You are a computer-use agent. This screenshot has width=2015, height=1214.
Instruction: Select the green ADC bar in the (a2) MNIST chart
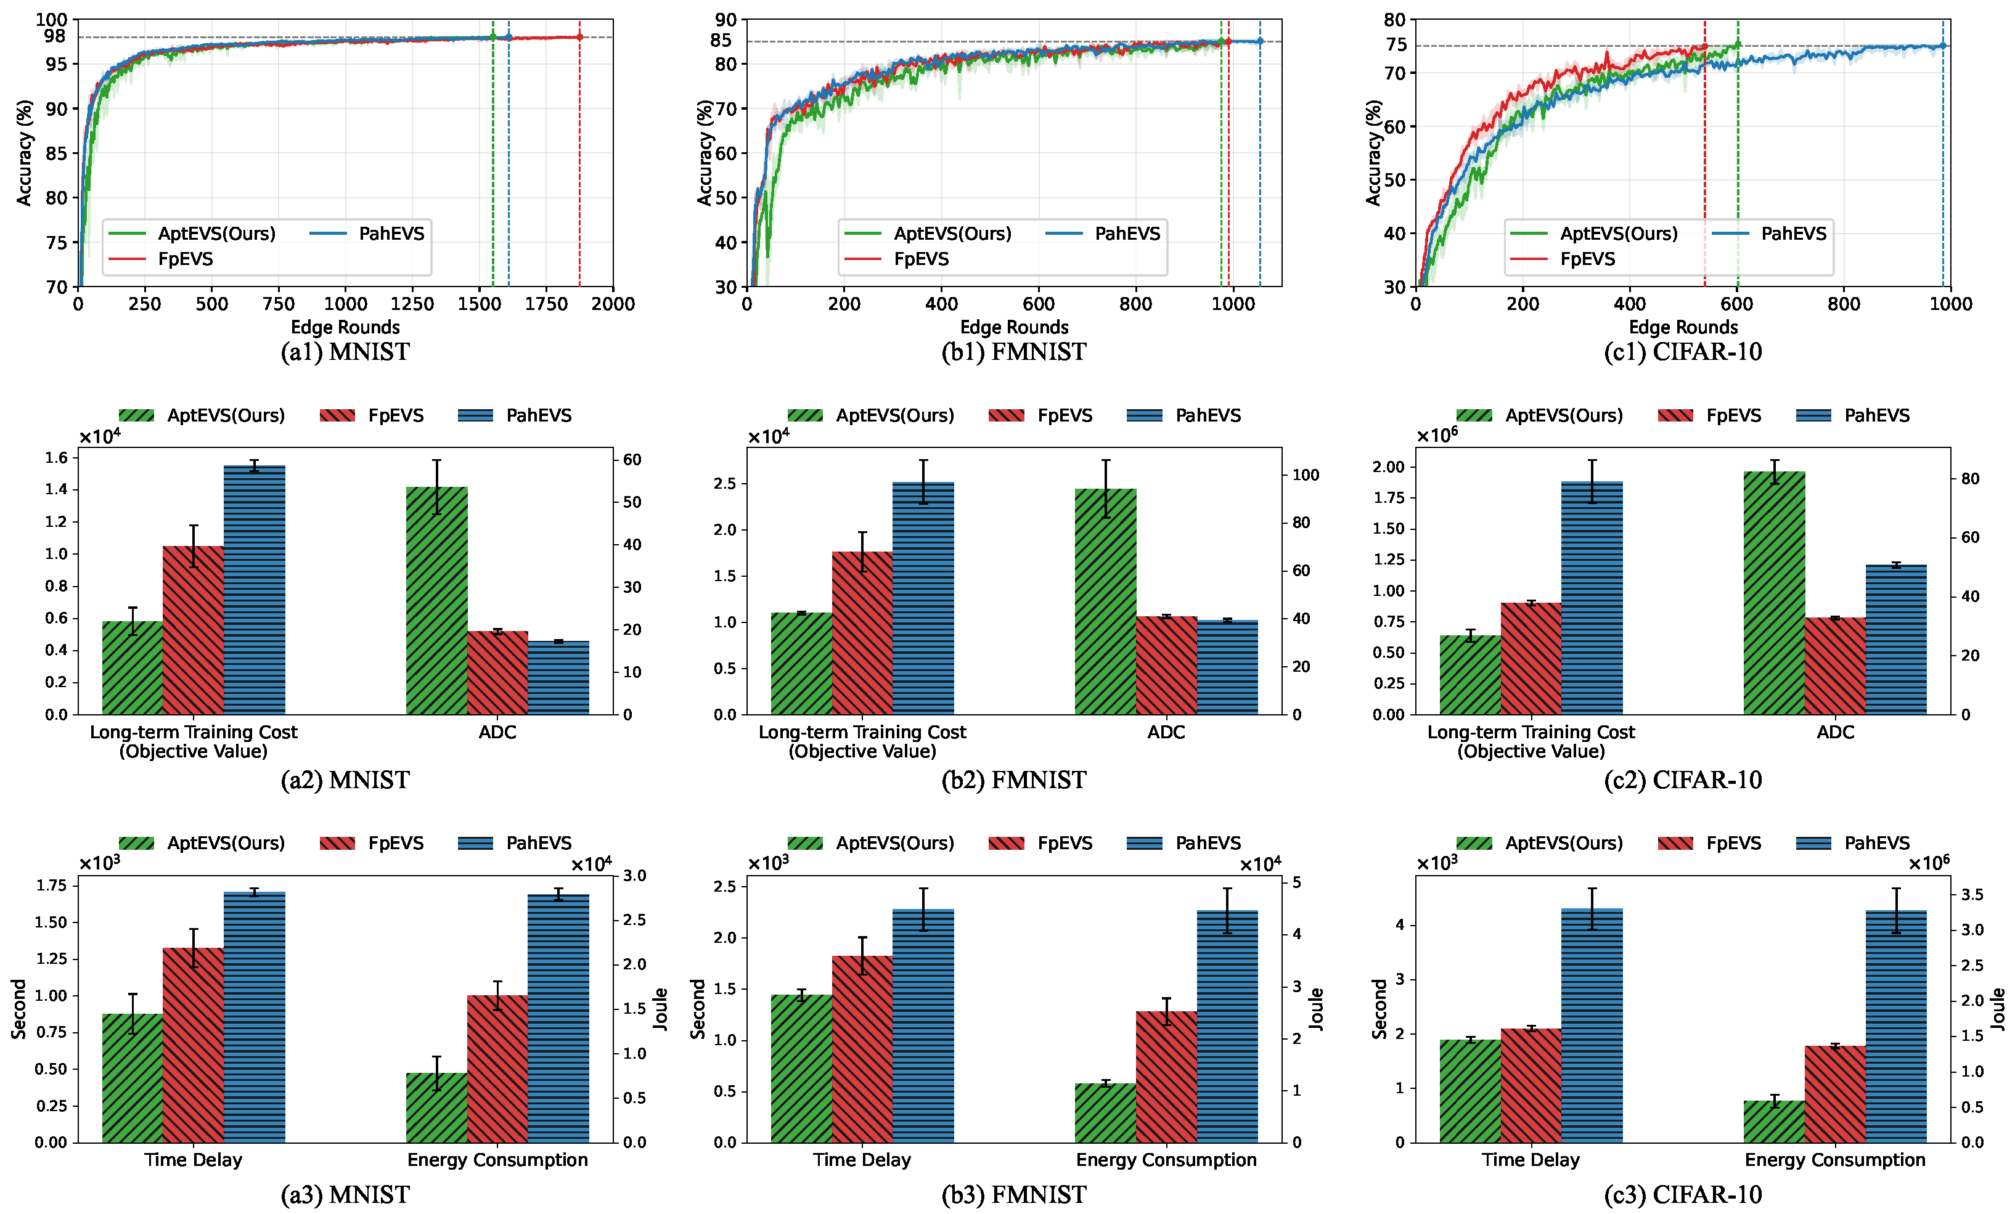point(436,601)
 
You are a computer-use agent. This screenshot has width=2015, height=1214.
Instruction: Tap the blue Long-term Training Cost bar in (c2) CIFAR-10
point(1592,598)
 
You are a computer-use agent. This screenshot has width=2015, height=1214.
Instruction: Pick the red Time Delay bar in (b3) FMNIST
point(862,1049)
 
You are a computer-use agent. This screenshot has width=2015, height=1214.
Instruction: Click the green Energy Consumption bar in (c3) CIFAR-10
point(1774,1122)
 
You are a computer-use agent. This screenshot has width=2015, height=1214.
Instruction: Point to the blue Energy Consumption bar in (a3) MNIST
point(558,1019)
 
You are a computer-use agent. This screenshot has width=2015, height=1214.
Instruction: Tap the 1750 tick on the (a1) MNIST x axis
point(546,304)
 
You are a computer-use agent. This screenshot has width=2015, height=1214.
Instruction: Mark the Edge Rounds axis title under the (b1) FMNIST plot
point(1014,327)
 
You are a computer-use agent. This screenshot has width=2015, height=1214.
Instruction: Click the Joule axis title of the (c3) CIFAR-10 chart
point(1998,1009)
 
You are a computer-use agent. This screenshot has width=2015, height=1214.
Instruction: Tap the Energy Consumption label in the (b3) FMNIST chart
point(1166,1160)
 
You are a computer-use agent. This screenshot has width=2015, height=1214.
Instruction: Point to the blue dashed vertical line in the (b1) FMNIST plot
point(1259,163)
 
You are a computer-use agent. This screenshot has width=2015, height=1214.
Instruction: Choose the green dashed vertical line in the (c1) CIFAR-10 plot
point(1738,163)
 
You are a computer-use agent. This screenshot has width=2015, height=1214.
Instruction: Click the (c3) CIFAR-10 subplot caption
point(1683,1194)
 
